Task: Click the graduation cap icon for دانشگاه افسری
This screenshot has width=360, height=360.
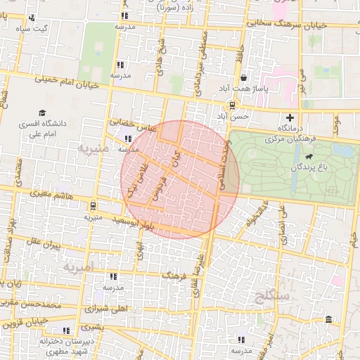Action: [43, 112]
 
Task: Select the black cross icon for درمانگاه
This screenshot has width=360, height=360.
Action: [290, 117]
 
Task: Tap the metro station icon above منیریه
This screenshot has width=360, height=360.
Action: [94, 206]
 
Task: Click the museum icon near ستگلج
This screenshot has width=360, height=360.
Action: [329, 321]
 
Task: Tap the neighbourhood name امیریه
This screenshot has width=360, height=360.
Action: [77, 268]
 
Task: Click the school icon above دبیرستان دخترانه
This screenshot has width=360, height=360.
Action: [66, 330]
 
